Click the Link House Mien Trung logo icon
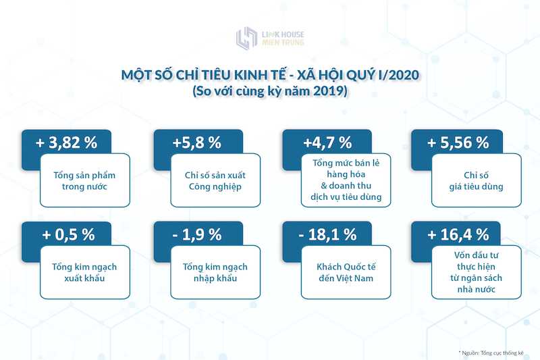coord(246,38)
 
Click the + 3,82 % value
coord(66,143)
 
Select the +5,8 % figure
coord(196,143)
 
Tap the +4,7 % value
coord(327,143)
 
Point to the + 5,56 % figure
coord(458,143)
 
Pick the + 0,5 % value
coord(68,234)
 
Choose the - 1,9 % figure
coord(196,234)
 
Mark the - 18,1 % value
coord(327,234)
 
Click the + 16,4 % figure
coord(458,234)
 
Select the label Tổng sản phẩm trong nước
coord(85,181)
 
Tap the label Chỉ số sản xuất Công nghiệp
coord(215,181)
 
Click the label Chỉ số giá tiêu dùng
coord(477,181)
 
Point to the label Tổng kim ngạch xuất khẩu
coord(85,272)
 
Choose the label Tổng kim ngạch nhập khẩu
coord(215,272)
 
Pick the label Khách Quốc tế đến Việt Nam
coord(346,272)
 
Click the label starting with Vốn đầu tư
coord(477,272)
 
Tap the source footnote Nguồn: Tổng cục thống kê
coord(491,353)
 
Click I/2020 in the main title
coord(399,75)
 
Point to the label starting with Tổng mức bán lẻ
coord(346,180)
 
